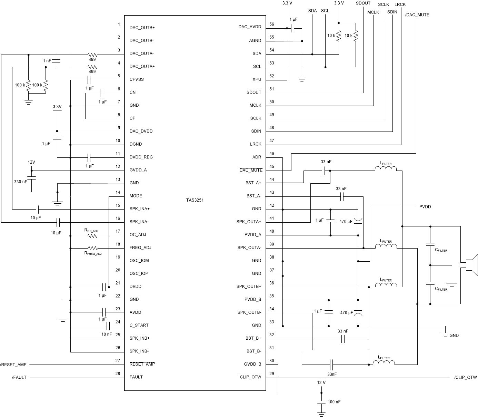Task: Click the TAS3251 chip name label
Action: click(195, 200)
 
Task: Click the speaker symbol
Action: click(471, 265)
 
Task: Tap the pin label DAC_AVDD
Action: click(250, 27)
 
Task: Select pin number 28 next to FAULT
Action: click(118, 374)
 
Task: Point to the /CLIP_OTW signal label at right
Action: click(465, 377)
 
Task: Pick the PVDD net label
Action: click(425, 207)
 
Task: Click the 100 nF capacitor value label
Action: click(334, 402)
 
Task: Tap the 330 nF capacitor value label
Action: click(20, 182)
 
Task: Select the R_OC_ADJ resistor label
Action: click(91, 230)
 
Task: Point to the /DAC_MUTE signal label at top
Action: click(417, 15)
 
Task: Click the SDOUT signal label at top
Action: click(363, 3)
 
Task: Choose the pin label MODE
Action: click(136, 196)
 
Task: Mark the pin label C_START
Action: click(139, 325)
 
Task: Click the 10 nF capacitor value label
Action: click(106, 334)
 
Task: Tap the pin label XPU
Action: click(257, 79)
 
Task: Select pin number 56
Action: click(272, 24)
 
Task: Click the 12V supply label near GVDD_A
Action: click(31, 162)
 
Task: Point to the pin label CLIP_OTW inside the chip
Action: click(250, 377)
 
